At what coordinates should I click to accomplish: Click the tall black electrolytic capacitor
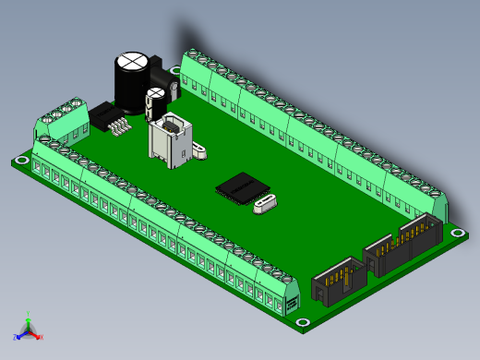[129, 83]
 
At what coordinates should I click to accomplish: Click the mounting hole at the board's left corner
[20, 162]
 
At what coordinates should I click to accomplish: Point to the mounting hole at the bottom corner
[302, 322]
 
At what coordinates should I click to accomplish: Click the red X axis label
[42, 337]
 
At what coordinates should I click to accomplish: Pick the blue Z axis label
[16, 338]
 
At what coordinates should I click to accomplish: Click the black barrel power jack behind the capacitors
[159, 72]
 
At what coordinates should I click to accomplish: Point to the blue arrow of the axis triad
[21, 334]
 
